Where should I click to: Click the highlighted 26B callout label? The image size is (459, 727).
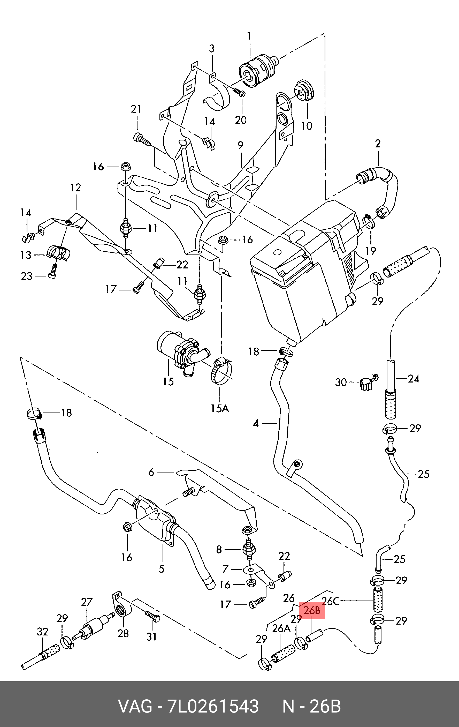click(x=312, y=611)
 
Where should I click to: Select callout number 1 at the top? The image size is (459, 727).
click(x=249, y=36)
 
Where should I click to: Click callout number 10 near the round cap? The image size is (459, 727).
click(x=307, y=126)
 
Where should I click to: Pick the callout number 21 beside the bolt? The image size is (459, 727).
click(x=136, y=109)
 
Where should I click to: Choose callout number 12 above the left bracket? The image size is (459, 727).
click(x=75, y=188)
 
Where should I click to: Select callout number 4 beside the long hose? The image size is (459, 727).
click(x=256, y=423)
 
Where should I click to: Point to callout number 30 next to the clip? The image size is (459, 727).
click(x=341, y=383)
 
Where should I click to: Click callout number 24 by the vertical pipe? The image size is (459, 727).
click(x=414, y=379)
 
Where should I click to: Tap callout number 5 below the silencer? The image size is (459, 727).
click(x=162, y=569)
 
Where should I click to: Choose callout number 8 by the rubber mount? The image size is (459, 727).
click(x=219, y=550)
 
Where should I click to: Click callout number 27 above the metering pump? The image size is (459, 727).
click(x=87, y=602)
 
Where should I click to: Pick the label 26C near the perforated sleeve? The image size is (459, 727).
click(x=331, y=602)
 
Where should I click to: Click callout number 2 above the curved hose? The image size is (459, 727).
click(x=378, y=144)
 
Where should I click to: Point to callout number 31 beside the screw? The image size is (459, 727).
click(x=151, y=637)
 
